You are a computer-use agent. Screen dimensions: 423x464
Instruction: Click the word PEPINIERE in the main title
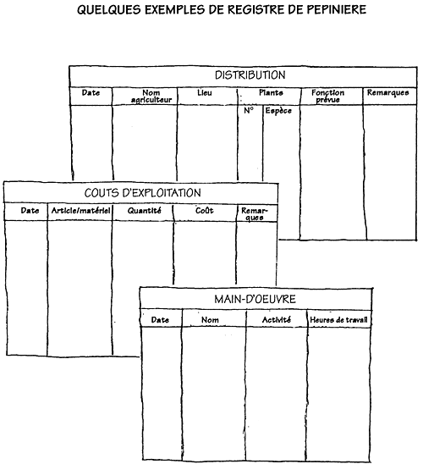(337, 9)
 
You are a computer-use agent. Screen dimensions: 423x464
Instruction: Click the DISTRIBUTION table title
(250, 75)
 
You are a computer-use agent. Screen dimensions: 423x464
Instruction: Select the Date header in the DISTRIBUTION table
(91, 92)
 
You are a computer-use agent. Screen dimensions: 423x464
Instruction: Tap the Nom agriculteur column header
(151, 97)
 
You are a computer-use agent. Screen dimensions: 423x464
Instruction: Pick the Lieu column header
(205, 92)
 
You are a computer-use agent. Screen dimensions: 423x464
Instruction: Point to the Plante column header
(271, 92)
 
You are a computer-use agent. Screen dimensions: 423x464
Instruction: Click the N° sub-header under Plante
(249, 110)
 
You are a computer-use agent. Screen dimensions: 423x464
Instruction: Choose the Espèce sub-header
(278, 111)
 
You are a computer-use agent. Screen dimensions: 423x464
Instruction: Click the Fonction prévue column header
(327, 97)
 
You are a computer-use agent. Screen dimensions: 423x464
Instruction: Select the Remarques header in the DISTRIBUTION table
(387, 93)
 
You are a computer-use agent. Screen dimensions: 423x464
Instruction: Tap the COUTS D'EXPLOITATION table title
(143, 193)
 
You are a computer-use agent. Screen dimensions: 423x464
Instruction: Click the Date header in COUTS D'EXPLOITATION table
(30, 210)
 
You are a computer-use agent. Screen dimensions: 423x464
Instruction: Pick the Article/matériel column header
(80, 211)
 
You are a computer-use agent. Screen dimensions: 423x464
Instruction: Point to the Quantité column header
(145, 211)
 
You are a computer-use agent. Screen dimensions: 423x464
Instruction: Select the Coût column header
(205, 210)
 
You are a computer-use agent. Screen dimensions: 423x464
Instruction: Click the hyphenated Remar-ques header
(254, 214)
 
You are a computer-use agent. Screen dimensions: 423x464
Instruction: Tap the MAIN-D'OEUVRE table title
(255, 299)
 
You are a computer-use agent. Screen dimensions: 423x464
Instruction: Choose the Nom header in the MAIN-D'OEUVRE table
(210, 320)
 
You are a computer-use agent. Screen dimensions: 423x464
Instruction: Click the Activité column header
(277, 319)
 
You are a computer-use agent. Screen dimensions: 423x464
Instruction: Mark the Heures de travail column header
(338, 320)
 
